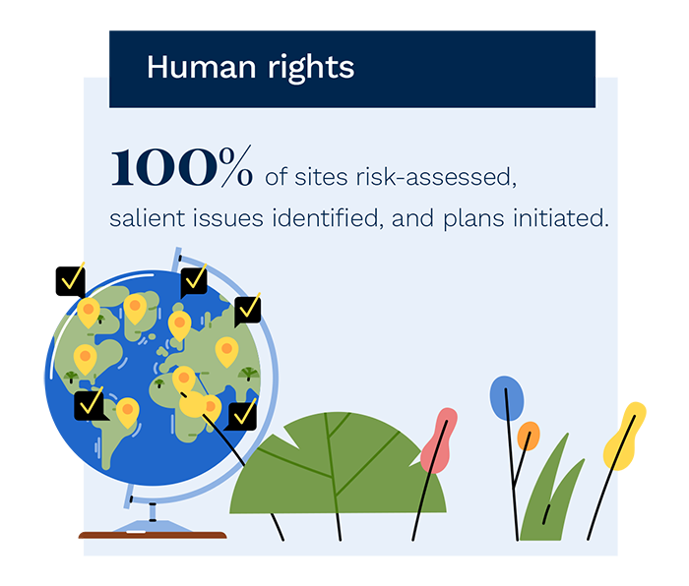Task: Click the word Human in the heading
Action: pyautogui.click(x=201, y=67)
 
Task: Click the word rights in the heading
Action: pyautogui.click(x=311, y=69)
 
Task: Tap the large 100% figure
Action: pyautogui.click(x=181, y=166)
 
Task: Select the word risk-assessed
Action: pyautogui.click(x=436, y=177)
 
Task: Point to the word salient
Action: pyautogui.click(x=148, y=218)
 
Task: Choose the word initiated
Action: pyautogui.click(x=561, y=218)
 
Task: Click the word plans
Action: pyautogui.click(x=473, y=219)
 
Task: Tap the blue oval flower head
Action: pyautogui.click(x=507, y=398)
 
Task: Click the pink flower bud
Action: pyautogui.click(x=439, y=440)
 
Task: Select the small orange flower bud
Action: pyautogui.click(x=529, y=436)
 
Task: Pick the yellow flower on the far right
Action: pyautogui.click(x=624, y=436)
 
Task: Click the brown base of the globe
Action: pyautogui.click(x=153, y=535)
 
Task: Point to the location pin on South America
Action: pyautogui.click(x=127, y=412)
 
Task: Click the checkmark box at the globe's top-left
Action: pyautogui.click(x=70, y=281)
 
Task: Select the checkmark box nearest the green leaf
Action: pyautogui.click(x=241, y=416)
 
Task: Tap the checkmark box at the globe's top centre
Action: pyautogui.click(x=194, y=281)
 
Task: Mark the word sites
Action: pyautogui.click(x=321, y=177)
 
